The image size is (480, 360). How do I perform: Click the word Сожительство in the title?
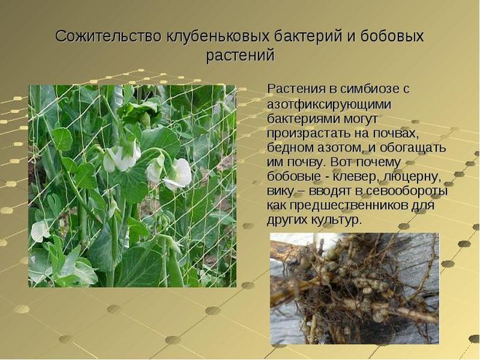pyautogui.click(x=109, y=36)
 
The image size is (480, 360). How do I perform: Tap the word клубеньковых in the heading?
pyautogui.click(x=219, y=37)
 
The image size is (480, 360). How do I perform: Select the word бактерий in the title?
pyautogui.click(x=308, y=37)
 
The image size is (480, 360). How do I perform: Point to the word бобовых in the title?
pyautogui.click(x=392, y=36)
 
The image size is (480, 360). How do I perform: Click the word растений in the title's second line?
pyautogui.click(x=240, y=56)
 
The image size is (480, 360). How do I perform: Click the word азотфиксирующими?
pyautogui.click(x=329, y=104)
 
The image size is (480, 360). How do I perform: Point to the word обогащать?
pyautogui.click(x=413, y=147)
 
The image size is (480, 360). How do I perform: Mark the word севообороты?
pyautogui.click(x=407, y=192)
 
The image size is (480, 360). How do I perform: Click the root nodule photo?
pyautogui.click(x=355, y=289)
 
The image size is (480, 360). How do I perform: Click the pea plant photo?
pyautogui.click(x=133, y=186)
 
